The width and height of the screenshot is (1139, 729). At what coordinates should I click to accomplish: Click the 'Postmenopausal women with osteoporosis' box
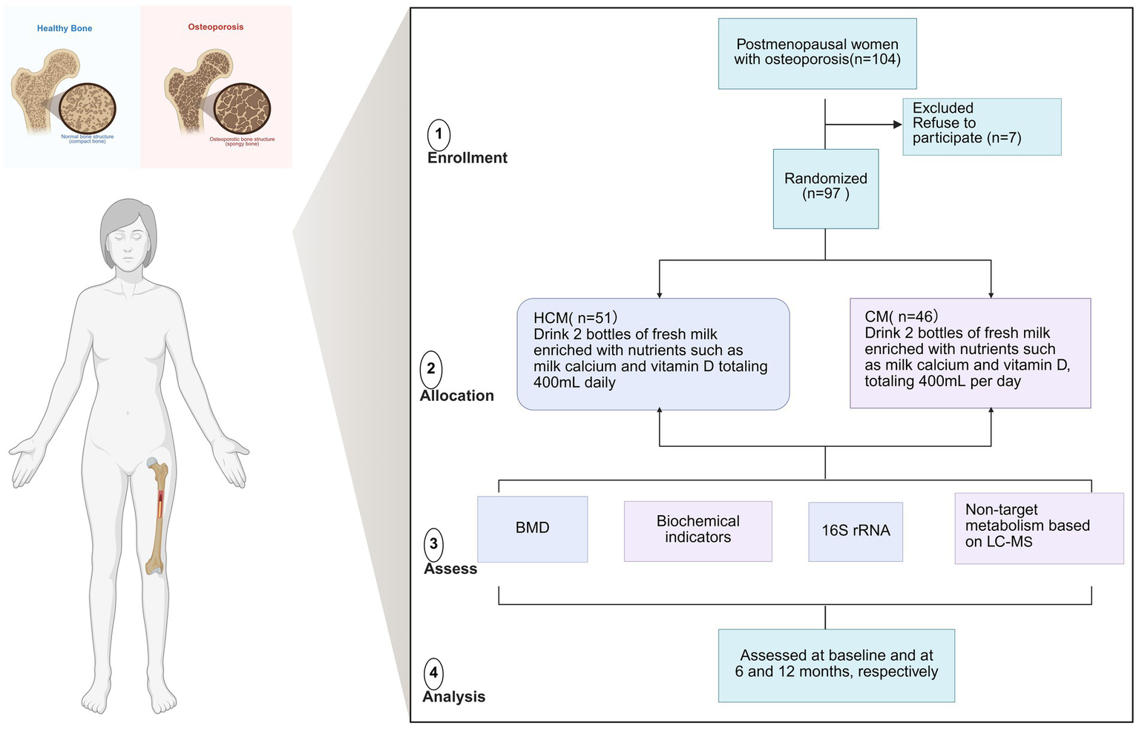(817, 53)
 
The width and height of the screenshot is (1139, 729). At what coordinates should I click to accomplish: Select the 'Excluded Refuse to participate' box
(981, 126)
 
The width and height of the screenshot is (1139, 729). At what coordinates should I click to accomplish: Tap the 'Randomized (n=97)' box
(825, 189)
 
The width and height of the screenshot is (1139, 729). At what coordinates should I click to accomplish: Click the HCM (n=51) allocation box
(653, 354)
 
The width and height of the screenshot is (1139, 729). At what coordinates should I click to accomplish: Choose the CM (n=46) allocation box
(970, 353)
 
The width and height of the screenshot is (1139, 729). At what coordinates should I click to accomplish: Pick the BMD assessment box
(532, 529)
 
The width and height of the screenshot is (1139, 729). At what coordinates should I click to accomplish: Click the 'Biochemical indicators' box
(697, 530)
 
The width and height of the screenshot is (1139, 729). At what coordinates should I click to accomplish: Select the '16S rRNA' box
(855, 532)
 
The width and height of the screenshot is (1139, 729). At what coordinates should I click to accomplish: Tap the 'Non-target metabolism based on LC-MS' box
(1038, 528)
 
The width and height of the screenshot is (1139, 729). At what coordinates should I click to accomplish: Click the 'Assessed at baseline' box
(836, 665)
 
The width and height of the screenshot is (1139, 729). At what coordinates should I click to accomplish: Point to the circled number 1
(439, 134)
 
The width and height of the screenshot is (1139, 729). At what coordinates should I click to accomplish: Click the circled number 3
(434, 544)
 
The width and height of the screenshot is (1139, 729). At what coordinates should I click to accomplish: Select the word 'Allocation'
(456, 396)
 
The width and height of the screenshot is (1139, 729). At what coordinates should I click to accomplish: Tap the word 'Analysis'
(453, 697)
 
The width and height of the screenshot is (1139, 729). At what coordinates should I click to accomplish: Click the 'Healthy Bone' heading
(65, 28)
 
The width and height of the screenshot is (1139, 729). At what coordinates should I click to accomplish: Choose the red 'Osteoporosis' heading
(215, 27)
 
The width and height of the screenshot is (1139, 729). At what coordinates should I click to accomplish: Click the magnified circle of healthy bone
(88, 109)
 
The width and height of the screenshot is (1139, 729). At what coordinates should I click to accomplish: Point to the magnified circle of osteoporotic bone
(242, 109)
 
